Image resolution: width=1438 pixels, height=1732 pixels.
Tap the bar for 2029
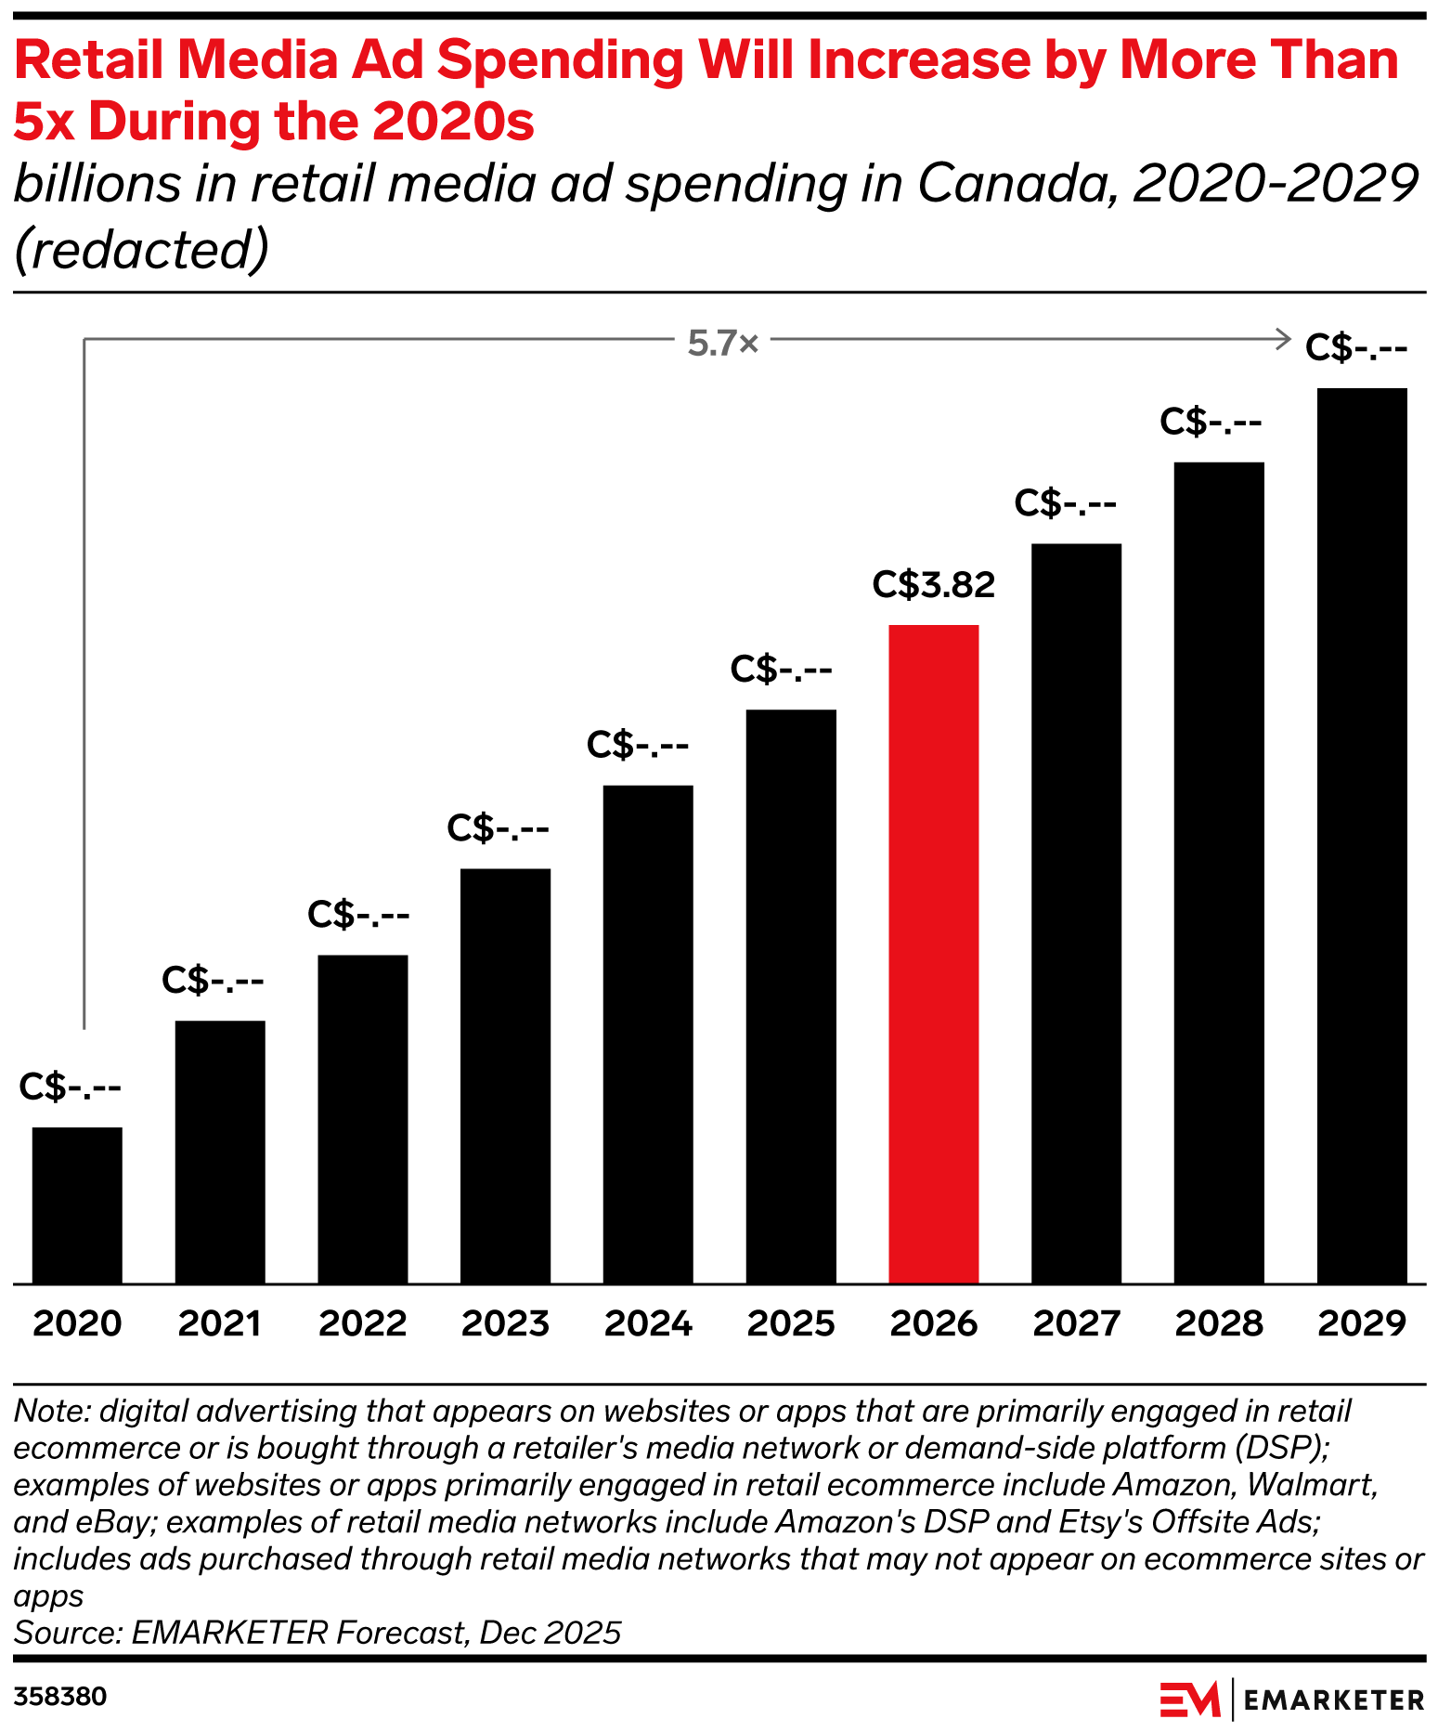[x=1362, y=836]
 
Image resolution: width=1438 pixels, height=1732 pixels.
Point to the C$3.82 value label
[x=933, y=585]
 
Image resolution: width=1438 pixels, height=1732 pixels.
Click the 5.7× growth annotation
[x=723, y=344]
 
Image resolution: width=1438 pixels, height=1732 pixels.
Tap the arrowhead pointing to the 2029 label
[x=1285, y=339]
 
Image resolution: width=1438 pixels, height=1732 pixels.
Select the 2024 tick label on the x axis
[x=648, y=1323]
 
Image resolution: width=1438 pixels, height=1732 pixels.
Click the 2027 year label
[x=1077, y=1323]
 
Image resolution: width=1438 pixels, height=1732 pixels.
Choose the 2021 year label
[x=220, y=1323]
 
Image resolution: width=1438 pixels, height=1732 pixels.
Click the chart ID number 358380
[x=60, y=1697]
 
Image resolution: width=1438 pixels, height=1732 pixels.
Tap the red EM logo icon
[x=1189, y=1699]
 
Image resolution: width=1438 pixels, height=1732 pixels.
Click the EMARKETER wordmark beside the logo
[x=1333, y=1699]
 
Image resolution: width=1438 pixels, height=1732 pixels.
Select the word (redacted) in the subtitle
[x=142, y=249]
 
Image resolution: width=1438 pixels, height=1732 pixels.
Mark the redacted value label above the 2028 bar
[x=1211, y=423]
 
